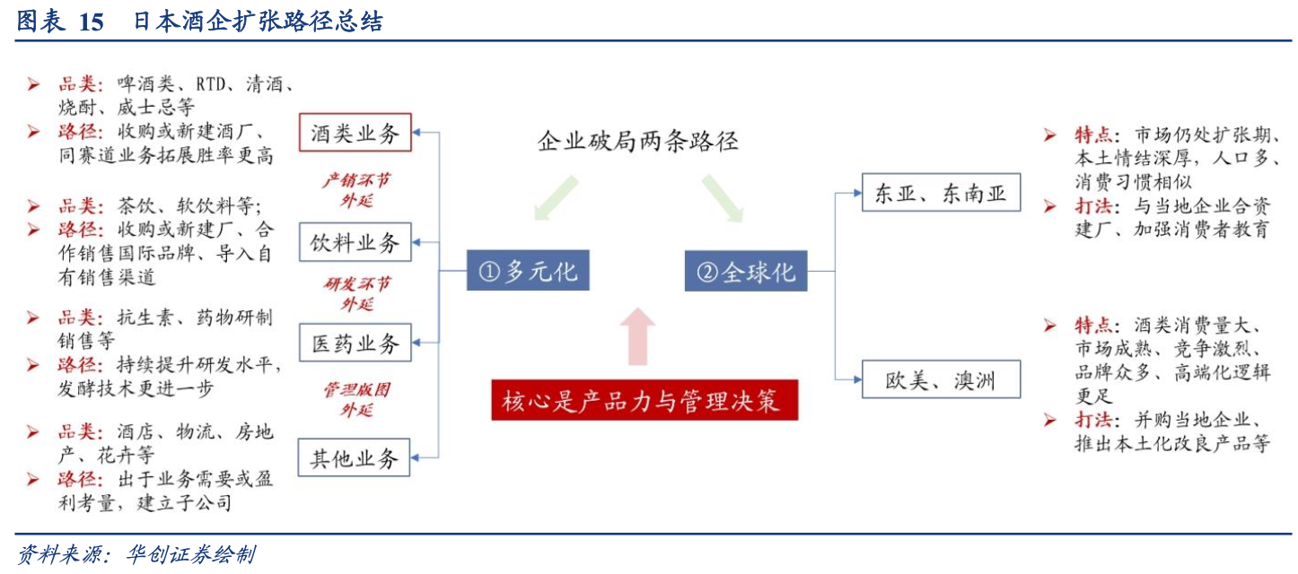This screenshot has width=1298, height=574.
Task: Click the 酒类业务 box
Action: click(x=355, y=133)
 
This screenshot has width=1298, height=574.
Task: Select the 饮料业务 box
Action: click(x=355, y=242)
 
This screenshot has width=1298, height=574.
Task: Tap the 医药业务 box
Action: click(x=355, y=343)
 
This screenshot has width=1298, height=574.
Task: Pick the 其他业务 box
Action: click(x=354, y=457)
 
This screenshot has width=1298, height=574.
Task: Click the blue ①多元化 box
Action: click(x=528, y=271)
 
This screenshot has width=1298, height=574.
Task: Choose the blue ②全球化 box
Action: click(x=746, y=271)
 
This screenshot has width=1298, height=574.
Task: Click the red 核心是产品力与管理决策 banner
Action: click(x=645, y=400)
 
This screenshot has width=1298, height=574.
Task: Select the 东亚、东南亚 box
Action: click(x=941, y=192)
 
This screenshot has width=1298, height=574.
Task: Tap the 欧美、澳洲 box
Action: click(x=941, y=379)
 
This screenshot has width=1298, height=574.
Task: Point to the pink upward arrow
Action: click(x=637, y=336)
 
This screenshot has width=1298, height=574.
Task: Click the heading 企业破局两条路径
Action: click(x=638, y=142)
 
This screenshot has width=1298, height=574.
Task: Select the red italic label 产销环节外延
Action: click(x=356, y=190)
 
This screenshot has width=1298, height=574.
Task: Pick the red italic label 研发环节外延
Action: click(x=357, y=293)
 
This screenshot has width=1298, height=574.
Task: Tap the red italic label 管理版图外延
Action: click(x=357, y=400)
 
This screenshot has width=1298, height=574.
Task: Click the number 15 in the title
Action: click(x=91, y=22)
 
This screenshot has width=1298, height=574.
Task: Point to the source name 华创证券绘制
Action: click(x=190, y=554)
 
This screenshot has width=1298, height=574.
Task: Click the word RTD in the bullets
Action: click(x=210, y=84)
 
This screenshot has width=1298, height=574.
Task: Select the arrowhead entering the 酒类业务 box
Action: click(x=417, y=133)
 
